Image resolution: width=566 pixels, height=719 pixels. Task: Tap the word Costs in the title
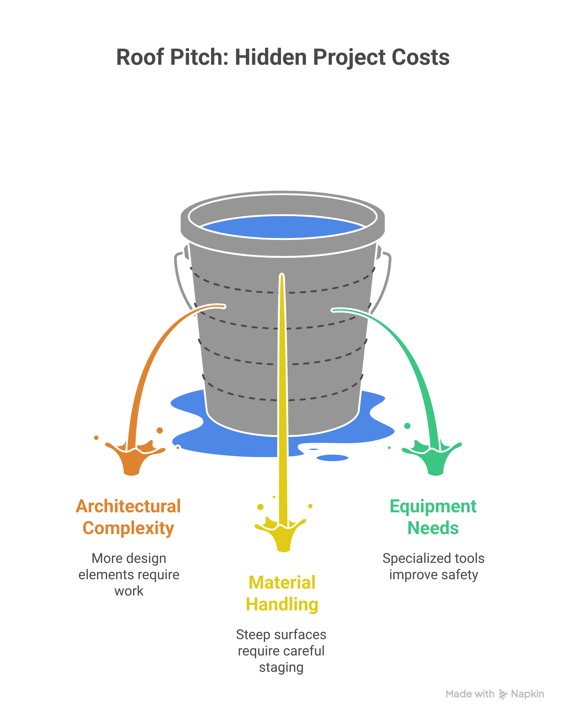421,57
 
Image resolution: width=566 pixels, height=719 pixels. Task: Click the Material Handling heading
282,593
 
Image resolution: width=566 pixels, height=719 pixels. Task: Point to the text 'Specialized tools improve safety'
434,567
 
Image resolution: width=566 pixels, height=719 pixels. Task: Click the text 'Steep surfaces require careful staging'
281,651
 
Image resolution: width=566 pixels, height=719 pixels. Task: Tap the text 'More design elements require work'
129,575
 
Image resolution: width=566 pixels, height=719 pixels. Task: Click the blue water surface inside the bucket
283,227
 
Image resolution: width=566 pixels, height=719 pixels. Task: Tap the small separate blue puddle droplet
332,458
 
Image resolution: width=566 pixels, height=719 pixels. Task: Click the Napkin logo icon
503,694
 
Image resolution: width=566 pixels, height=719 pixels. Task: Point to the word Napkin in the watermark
528,694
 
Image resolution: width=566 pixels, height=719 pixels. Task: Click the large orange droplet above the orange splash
160,431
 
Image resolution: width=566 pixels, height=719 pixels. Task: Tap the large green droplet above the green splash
408,426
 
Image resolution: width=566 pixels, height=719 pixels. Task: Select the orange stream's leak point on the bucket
224,307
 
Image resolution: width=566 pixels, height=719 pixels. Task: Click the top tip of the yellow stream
282,275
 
